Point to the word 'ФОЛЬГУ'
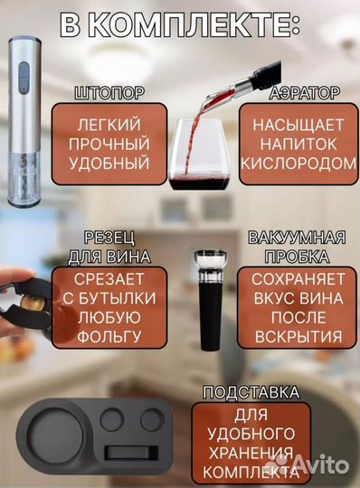[x=109, y=337]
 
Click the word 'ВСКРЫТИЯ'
[x=297, y=337]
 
